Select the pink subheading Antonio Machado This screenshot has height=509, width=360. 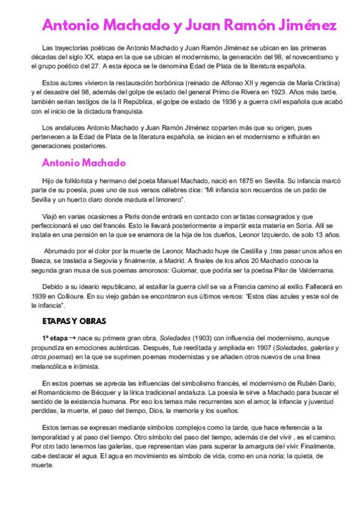click(83, 163)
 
